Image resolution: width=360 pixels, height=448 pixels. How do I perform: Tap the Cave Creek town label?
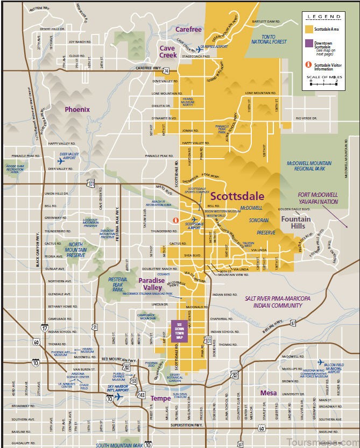167,52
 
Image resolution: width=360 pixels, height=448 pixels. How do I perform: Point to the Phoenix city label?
77,109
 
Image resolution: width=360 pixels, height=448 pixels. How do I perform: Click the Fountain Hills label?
296,222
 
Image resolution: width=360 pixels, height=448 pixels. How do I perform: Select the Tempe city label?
160,399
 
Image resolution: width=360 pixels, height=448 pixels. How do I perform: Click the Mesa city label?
268,393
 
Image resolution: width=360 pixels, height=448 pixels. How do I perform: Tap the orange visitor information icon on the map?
174,220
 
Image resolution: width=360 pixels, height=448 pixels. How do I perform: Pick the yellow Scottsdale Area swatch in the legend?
309,28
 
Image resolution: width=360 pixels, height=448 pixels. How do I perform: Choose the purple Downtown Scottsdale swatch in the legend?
309,44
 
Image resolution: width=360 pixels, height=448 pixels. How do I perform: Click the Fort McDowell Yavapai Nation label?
317,198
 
